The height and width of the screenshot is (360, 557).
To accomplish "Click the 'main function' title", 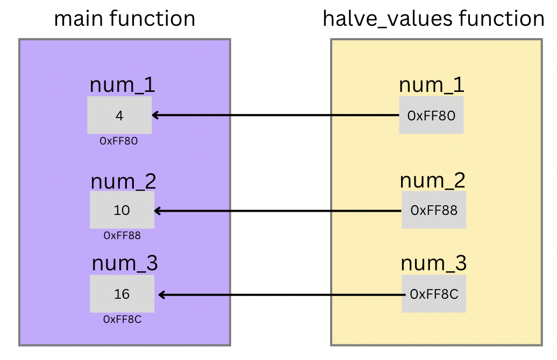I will (x=124, y=19).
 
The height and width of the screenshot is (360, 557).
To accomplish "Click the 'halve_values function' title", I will (x=433, y=19).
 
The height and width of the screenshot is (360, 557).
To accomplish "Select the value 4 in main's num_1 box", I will (x=119, y=116).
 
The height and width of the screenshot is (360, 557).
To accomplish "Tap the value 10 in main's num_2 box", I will (x=122, y=210).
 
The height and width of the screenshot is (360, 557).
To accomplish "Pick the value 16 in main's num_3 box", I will (x=122, y=294).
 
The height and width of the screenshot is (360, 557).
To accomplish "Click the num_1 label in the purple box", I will (x=122, y=85).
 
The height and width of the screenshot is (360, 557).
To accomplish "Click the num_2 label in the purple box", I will (x=123, y=181).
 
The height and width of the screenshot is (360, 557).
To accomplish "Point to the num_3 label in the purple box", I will (x=125, y=264).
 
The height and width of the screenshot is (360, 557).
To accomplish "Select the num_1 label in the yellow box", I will (x=431, y=85).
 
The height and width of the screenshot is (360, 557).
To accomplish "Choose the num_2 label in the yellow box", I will (x=433, y=181).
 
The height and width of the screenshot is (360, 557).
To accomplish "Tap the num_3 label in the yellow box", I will (x=434, y=264).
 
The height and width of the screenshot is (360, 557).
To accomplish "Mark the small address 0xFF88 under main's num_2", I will (x=122, y=235).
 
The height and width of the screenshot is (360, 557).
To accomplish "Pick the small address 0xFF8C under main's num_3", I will (x=122, y=319).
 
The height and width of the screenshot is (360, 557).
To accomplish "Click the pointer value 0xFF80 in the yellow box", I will (x=432, y=116).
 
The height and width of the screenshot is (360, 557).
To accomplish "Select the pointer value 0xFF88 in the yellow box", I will (x=434, y=210).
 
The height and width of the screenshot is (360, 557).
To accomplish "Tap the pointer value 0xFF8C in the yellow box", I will (x=434, y=294).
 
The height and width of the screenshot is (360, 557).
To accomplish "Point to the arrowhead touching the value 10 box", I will (x=159, y=211).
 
